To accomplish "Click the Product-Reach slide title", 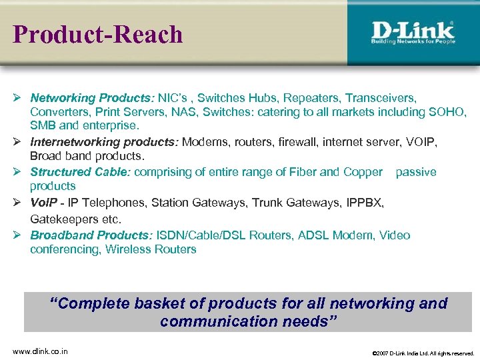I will pos(98,34).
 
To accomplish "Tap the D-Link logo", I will pos(413,29).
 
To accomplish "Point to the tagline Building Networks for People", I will pos(413,41).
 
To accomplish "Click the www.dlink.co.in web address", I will pos(40,351).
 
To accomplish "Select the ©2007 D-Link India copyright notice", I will pos(423,353).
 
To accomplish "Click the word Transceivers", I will pos(381,98).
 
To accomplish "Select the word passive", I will pos(416,172).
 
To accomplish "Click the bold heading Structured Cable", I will pos(82,172).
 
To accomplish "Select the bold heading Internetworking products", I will pos(105,142).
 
